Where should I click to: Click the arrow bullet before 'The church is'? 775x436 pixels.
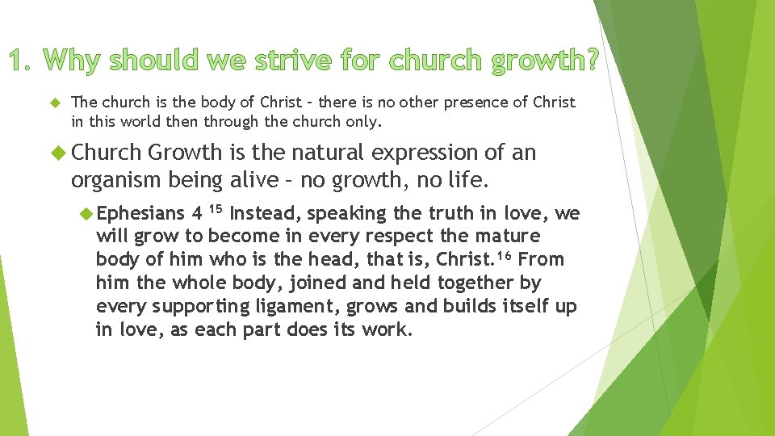pyautogui.click(x=55, y=103)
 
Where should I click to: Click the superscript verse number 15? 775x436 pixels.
pyautogui.click(x=215, y=210)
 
